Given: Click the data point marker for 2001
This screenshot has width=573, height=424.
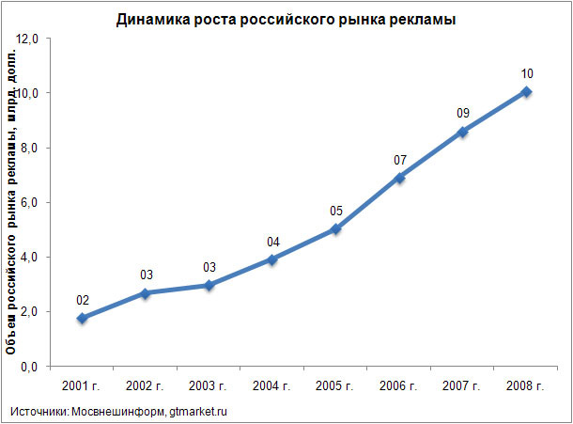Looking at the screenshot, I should tap(83, 319).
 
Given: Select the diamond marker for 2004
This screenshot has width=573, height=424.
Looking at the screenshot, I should tap(272, 259).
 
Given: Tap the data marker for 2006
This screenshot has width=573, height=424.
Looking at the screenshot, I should tap(399, 177).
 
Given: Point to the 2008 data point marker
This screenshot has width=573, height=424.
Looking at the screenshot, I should tap(526, 91).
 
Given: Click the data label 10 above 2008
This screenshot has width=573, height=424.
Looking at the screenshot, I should tap(526, 73).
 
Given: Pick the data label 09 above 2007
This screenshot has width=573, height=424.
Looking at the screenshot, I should tap(463, 113).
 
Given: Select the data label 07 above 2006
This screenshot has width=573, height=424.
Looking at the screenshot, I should tap(399, 159).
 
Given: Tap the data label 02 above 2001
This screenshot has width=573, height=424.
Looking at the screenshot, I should tap(83, 301).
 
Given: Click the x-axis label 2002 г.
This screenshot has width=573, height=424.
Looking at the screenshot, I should tap(146, 386).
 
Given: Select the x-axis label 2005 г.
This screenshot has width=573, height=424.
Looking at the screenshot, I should tap(335, 386).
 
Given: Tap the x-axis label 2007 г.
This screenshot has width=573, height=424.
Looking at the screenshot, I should tap(462, 386).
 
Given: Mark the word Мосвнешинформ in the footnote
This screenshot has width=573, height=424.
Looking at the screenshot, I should tap(119, 411).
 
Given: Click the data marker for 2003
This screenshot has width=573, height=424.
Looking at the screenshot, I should tap(209, 285).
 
